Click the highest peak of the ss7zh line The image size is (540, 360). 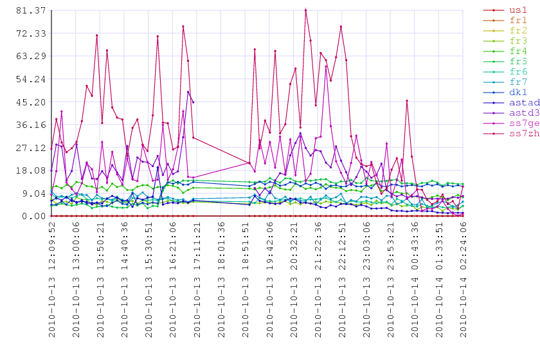(305, 10)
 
